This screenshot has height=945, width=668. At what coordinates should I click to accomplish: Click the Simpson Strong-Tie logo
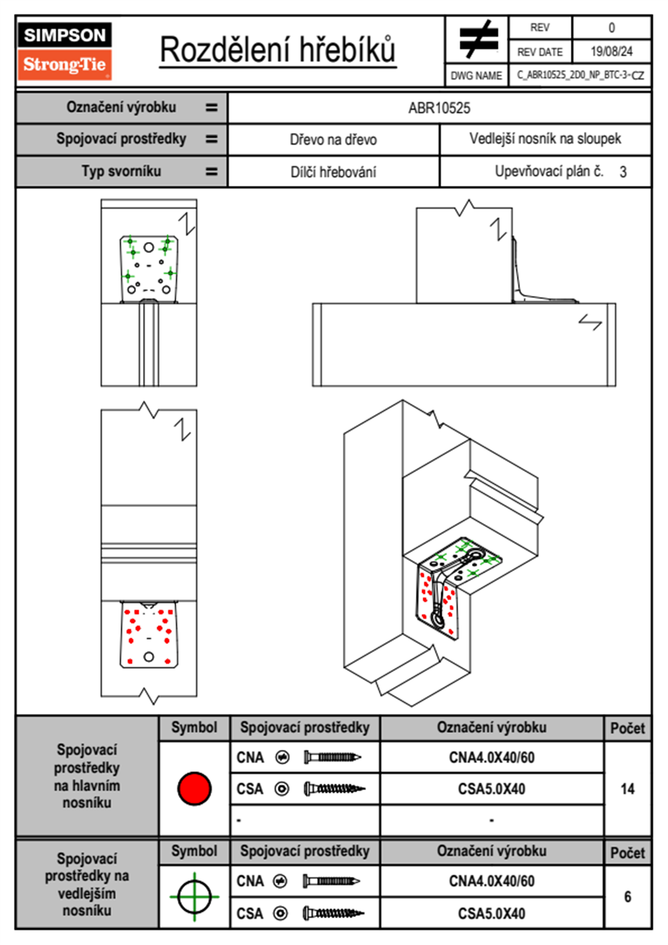[x=65, y=51]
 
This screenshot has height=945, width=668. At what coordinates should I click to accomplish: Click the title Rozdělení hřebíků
[x=278, y=50]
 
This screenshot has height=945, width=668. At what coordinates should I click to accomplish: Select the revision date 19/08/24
[x=611, y=52]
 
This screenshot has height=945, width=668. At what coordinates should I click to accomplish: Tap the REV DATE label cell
[x=539, y=52]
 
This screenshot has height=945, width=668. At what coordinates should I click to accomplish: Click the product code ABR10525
[x=439, y=108]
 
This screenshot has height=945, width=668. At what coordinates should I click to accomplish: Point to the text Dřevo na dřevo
[x=333, y=140]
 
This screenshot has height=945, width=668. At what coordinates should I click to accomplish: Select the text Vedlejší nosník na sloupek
[x=545, y=139]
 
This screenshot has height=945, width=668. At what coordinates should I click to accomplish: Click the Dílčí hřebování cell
[x=333, y=172]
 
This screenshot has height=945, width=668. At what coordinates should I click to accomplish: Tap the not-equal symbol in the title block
[x=478, y=39]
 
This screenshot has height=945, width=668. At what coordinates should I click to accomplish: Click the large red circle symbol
[x=194, y=788]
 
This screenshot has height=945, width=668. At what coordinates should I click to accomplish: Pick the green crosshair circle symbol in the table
[x=194, y=897]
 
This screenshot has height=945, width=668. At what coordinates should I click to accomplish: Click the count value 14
[x=628, y=789]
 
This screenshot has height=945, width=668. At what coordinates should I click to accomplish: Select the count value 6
[x=628, y=897]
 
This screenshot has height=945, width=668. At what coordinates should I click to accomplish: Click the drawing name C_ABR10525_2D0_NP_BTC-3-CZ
[x=580, y=75]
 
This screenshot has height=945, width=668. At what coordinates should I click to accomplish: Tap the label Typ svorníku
[x=121, y=171]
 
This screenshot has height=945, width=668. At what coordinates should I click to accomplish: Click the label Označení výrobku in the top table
[x=121, y=107]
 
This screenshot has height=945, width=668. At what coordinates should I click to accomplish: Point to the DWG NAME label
[x=476, y=76]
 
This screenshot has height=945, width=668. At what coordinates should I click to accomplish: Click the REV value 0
[x=611, y=28]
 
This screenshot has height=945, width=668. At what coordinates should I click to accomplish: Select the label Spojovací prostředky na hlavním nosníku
[x=87, y=776]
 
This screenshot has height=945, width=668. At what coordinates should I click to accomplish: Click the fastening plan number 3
[x=623, y=172]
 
